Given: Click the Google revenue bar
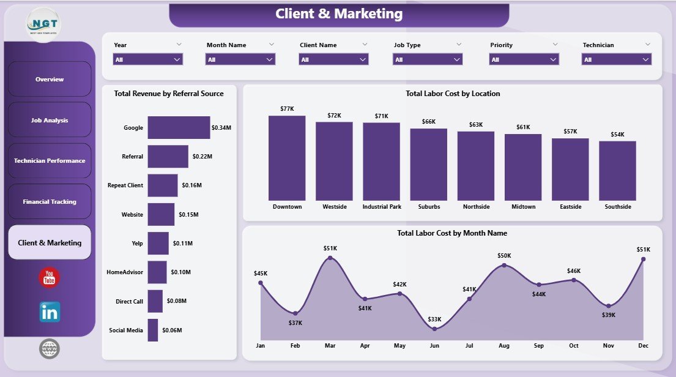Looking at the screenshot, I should [179, 128].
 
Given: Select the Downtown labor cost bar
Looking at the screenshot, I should [287, 158].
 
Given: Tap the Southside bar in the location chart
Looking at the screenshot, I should [617, 171].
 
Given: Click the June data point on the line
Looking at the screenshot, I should [434, 329].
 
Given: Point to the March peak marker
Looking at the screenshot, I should [330, 258].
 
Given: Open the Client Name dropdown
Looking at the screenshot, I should [333, 59].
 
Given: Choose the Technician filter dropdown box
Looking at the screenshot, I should [616, 59].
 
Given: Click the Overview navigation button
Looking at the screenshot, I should [50, 79].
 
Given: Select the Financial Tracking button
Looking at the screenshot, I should [50, 201].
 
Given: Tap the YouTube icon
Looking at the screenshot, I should [50, 278].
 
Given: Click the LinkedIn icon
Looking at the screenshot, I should [50, 312].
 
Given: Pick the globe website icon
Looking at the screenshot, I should [50, 349].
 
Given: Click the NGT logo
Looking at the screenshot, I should [44, 24].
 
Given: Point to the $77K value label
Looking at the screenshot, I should [287, 108].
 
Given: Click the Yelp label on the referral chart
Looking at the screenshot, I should [136, 243].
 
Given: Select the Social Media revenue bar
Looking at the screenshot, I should [153, 330].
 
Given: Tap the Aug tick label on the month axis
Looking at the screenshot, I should [504, 346].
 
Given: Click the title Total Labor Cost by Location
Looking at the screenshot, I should [453, 94].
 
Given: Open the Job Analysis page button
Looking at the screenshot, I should [50, 120].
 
